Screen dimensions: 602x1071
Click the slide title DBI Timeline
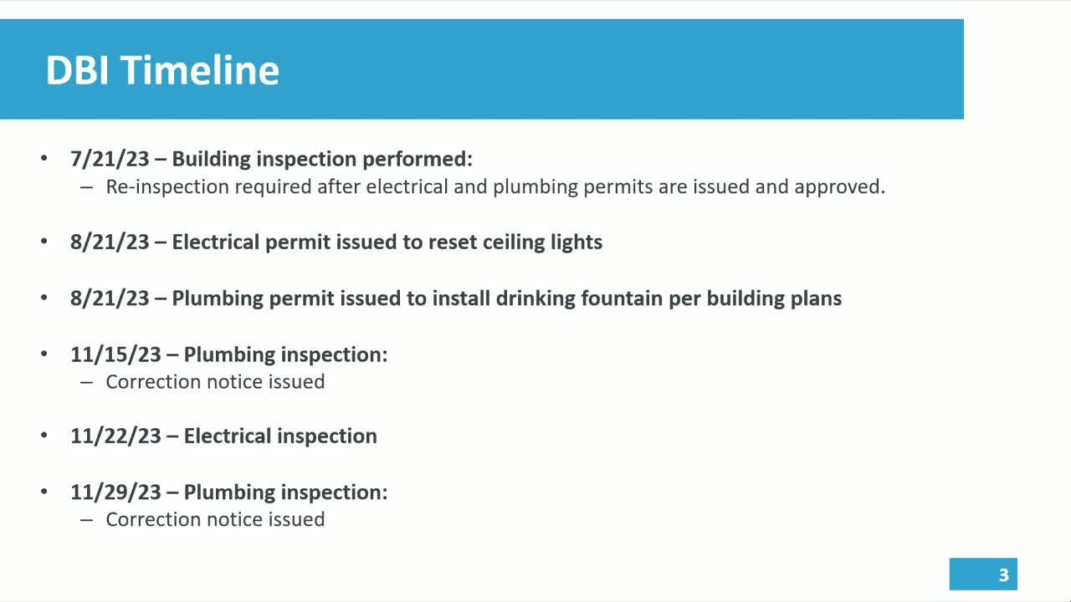tap(162, 70)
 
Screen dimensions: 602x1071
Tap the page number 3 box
tap(983, 574)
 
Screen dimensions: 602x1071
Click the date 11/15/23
tap(115, 355)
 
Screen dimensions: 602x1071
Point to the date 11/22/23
tap(115, 436)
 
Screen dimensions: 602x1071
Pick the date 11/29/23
tap(115, 492)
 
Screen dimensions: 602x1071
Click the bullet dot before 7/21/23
tap(44, 158)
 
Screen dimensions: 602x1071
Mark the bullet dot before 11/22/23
tap(44, 436)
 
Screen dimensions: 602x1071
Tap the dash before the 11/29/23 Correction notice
tap(86, 520)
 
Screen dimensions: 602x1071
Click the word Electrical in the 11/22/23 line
tap(228, 436)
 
